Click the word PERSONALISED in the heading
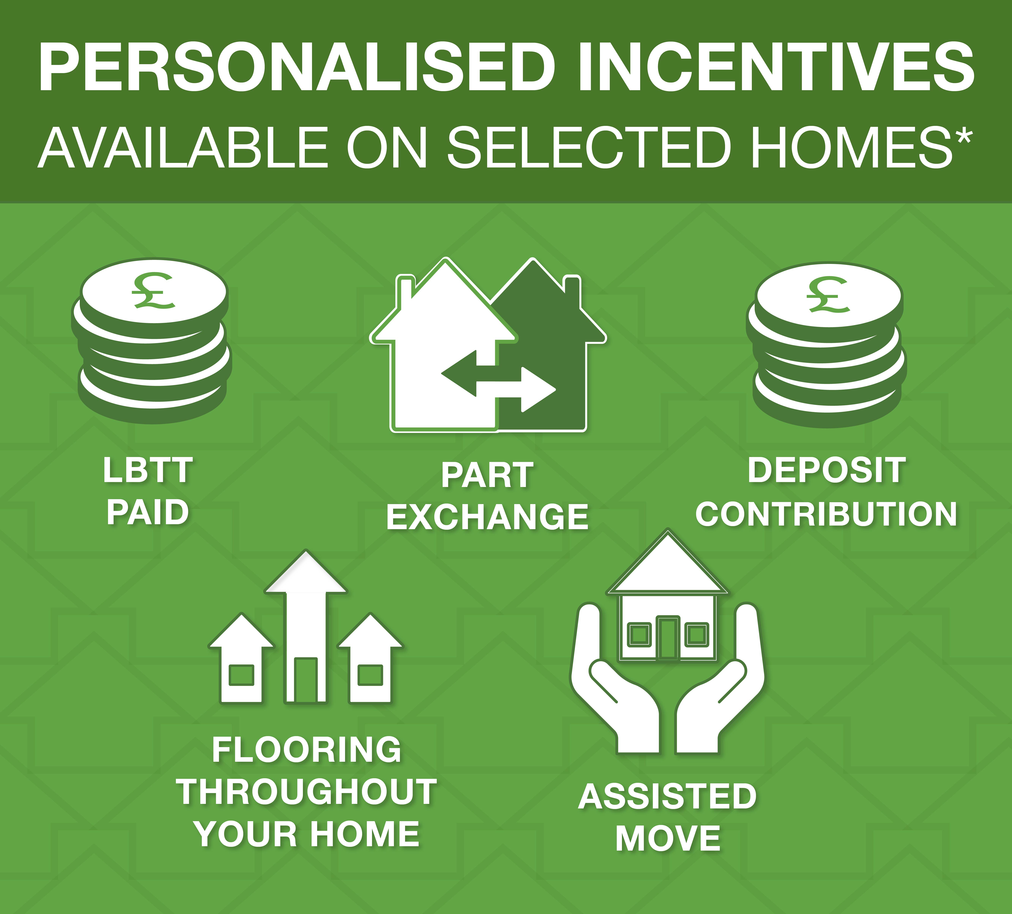pos(296,68)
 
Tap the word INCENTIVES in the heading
pos(776,68)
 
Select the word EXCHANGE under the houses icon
pos(487,517)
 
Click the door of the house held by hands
pos(668,637)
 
